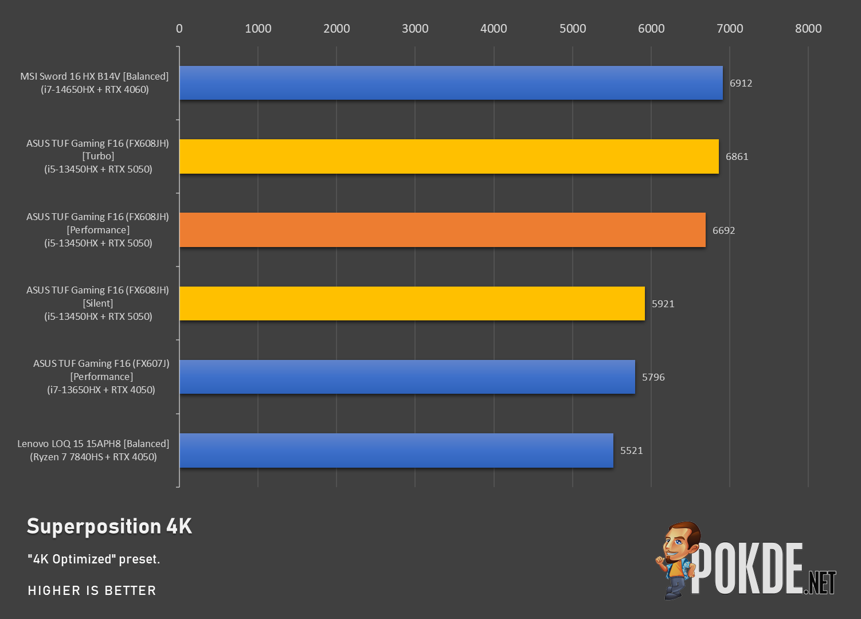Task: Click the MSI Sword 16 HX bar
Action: [x=451, y=83]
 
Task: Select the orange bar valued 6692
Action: [x=443, y=230]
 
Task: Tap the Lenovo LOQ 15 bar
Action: [x=396, y=450]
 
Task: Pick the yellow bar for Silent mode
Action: [x=412, y=303]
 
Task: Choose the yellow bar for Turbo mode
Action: [x=449, y=156]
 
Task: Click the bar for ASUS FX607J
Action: [x=407, y=377]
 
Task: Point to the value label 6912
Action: [x=741, y=83]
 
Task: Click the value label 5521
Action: [x=632, y=450]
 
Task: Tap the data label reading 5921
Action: [x=663, y=304]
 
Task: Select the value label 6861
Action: [x=737, y=156]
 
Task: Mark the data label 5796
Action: [x=653, y=377]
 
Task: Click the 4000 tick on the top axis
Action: [x=494, y=29]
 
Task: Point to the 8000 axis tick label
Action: [x=808, y=29]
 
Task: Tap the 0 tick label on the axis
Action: [x=179, y=29]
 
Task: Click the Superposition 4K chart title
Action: [x=109, y=526]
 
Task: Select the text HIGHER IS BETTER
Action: [x=92, y=590]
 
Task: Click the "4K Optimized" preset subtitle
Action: [x=93, y=559]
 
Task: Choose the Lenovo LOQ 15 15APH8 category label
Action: [x=93, y=450]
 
